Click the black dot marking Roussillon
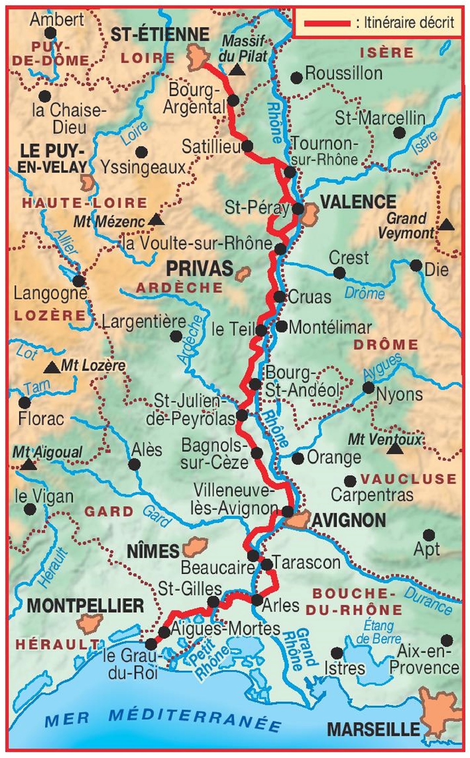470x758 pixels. (296, 78)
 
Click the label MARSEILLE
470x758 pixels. (374, 730)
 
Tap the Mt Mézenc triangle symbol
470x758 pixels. (156, 220)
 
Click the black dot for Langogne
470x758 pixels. (79, 281)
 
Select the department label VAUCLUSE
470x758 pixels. (409, 479)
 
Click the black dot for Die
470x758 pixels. (416, 265)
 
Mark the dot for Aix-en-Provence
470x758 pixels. (447, 640)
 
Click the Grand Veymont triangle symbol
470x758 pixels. (446, 225)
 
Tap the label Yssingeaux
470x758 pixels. (143, 167)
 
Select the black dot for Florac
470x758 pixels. (25, 403)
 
